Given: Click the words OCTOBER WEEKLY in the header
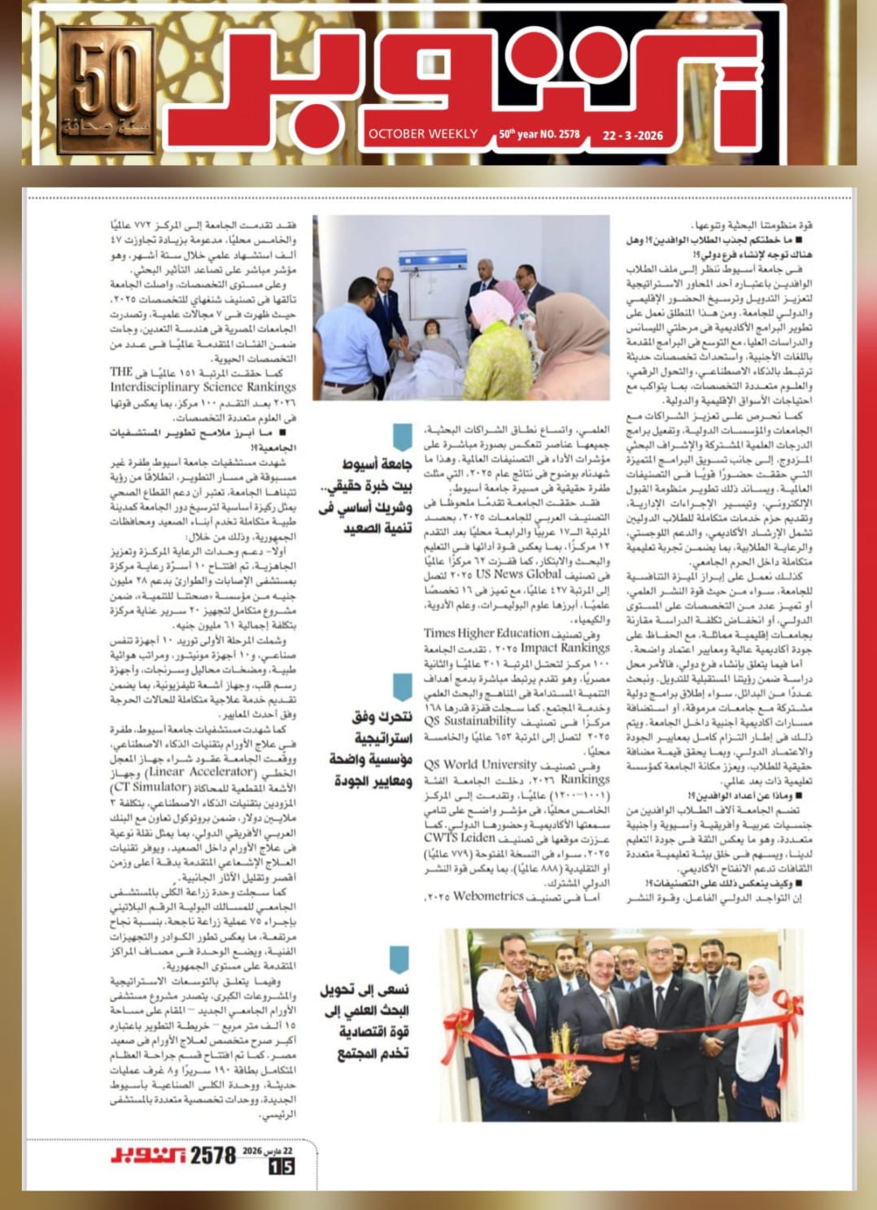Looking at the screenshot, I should [x=423, y=134].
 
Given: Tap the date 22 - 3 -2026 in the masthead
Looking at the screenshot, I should [x=632, y=135].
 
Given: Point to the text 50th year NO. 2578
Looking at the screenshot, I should [x=539, y=134].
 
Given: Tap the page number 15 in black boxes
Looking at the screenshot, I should [x=281, y=1166].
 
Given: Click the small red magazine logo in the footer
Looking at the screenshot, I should [x=149, y=1156].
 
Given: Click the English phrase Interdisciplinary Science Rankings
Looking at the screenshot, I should [x=203, y=387].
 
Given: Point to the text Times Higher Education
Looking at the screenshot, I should [x=486, y=633].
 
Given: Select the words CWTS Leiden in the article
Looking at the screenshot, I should [x=459, y=838].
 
